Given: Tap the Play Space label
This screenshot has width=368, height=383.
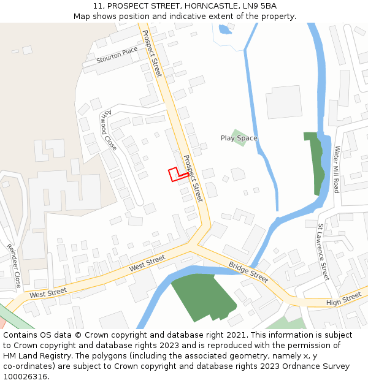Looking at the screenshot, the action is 239,138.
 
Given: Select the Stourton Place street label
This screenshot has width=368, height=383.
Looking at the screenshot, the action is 117,55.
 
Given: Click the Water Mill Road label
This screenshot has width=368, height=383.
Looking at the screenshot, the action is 336,170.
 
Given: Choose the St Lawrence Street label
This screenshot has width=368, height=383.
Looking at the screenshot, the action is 323,252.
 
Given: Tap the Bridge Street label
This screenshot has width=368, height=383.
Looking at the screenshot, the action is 248,272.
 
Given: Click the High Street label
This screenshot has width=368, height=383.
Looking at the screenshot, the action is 343,298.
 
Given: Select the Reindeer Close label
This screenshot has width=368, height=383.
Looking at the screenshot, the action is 13,266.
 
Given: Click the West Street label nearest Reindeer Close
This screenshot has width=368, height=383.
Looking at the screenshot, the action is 48,294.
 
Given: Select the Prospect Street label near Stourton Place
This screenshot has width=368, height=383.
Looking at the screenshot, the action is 151,53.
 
